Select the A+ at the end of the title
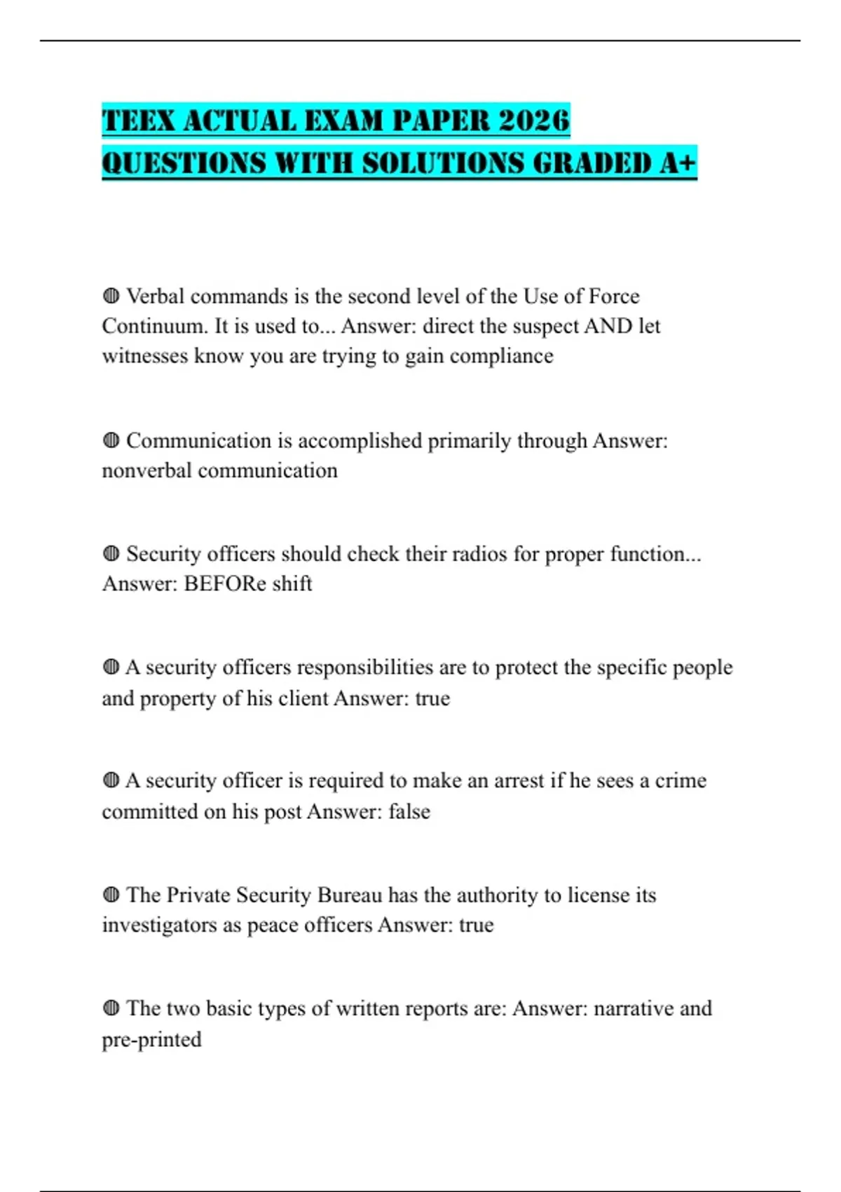678,163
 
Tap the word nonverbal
146,470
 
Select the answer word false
409,811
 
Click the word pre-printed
151,1039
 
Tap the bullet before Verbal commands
111,296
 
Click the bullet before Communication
111,440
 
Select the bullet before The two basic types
111,1008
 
